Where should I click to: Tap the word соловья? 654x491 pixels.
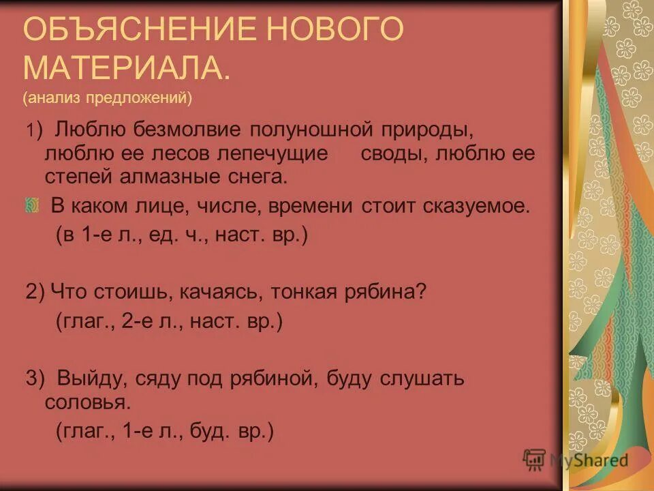(x=87, y=401)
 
